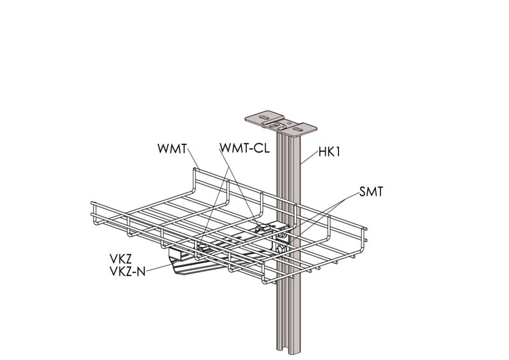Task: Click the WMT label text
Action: coord(172,149)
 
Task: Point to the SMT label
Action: coord(372,191)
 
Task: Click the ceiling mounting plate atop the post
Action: coord(280,123)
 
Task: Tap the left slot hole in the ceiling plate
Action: coord(260,117)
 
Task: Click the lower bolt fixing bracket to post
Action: coord(281,249)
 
